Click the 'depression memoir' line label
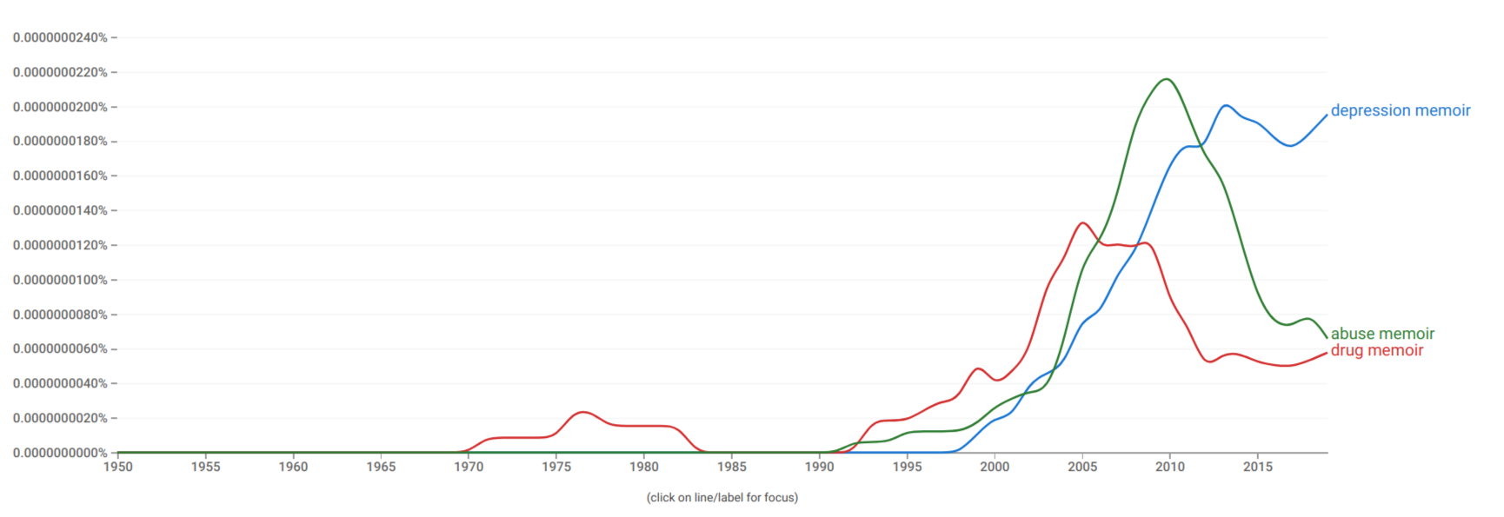1400,110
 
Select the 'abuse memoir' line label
1382,334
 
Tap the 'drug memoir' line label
1376,350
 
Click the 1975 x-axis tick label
556,467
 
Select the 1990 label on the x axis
819,467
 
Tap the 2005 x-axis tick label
1082,467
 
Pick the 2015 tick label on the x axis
1257,467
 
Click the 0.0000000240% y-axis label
60,37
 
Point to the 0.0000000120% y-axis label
60,245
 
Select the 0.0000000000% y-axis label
60,453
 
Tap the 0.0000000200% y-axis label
60,107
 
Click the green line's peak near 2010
1167,79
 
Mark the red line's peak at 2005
1082,223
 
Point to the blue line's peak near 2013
1226,105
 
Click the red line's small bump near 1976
582,412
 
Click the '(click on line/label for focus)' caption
722,498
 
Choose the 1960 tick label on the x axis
293,467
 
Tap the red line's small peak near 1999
978,368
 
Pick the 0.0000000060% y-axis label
60,348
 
